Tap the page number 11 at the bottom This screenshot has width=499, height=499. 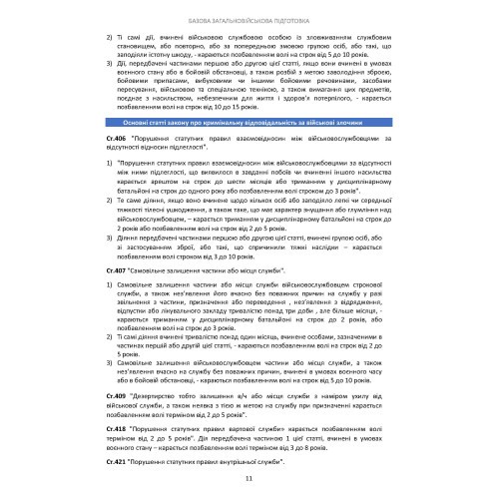click(x=249, y=478)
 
